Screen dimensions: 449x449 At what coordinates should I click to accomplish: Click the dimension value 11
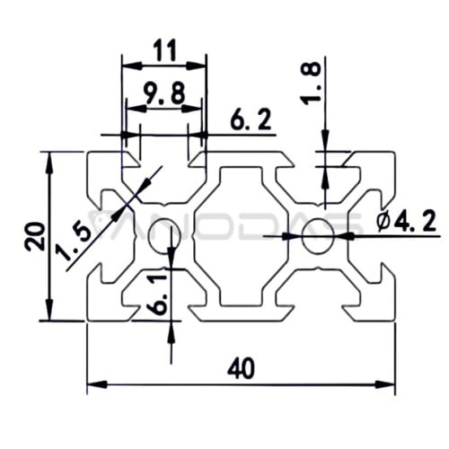point(164,51)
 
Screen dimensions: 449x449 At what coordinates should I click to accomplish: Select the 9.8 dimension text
point(164,93)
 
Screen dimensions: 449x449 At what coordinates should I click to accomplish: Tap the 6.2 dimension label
point(251,120)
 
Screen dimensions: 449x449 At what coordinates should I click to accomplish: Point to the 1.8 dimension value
point(311,84)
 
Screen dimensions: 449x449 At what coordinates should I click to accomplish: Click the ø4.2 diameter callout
point(406,222)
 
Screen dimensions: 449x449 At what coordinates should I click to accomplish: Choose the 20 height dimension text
point(35,236)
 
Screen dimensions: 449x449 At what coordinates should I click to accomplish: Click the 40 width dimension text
point(241,368)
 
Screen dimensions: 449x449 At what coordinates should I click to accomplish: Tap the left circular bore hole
point(163,235)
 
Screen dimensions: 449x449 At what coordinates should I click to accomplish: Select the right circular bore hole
point(318,235)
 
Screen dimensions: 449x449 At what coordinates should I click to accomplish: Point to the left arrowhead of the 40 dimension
point(97,384)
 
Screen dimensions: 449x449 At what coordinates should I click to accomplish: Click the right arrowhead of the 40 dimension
point(385,384)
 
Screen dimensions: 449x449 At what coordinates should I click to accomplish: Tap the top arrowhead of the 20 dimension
point(50,163)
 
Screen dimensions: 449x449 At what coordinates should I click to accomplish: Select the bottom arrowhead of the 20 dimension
point(50,310)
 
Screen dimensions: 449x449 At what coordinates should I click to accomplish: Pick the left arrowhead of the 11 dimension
point(132,66)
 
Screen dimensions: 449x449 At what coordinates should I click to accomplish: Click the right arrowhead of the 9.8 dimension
point(191,110)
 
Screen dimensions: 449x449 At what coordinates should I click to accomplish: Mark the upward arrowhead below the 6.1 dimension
point(171,331)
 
